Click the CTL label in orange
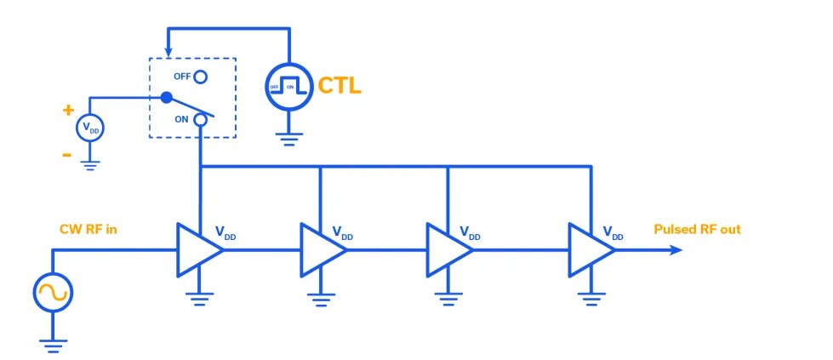click(x=339, y=85)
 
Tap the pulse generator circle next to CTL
click(x=289, y=86)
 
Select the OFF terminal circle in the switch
click(x=200, y=77)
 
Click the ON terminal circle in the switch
click(x=200, y=119)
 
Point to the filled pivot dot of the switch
click(x=167, y=98)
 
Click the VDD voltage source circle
click(x=90, y=129)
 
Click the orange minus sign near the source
click(x=66, y=155)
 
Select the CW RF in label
click(x=89, y=230)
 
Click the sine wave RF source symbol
click(x=54, y=293)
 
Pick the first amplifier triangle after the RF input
click(x=196, y=249)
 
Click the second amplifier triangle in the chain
click(x=320, y=249)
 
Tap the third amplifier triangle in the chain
click(x=446, y=249)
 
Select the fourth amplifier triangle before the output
click(x=589, y=249)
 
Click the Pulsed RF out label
click(x=697, y=230)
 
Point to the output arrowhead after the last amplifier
click(x=676, y=249)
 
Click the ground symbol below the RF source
click(x=54, y=344)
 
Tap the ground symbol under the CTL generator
click(x=289, y=140)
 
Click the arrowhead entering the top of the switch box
click(x=168, y=52)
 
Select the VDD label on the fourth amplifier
click(x=613, y=233)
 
